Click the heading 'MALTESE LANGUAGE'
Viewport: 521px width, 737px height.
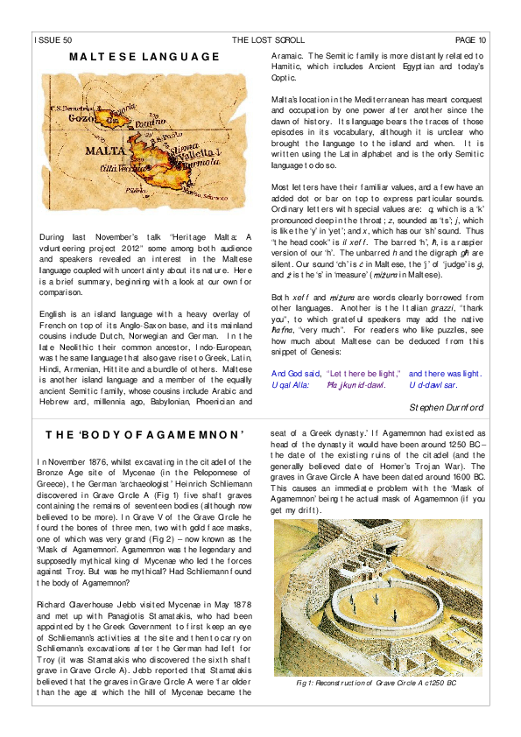click(144, 58)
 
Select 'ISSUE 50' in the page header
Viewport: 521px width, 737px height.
click(53, 40)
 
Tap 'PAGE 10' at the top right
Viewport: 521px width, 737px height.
click(470, 40)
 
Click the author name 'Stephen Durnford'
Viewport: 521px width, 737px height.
click(446, 407)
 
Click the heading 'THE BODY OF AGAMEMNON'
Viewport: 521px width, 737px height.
click(144, 435)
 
